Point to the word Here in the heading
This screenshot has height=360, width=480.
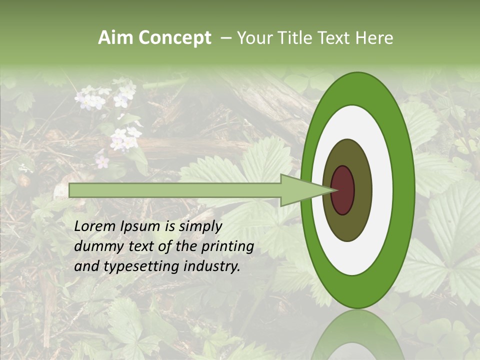coord(374,38)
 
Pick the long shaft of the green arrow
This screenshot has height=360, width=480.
coord(175,190)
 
